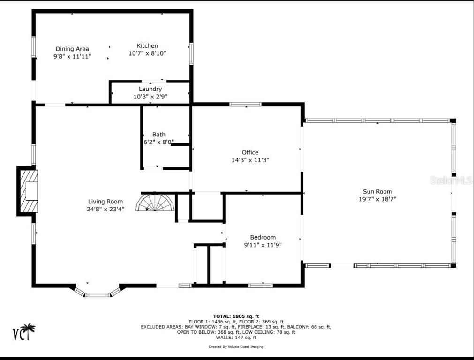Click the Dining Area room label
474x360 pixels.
point(72,49)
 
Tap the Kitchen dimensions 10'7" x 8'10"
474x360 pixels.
point(147,53)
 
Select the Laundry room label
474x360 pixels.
point(150,89)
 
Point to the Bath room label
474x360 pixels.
point(159,135)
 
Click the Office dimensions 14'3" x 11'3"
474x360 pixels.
point(250,160)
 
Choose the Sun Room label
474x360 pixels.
point(377,191)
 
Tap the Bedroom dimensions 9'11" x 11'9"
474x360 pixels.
point(263,245)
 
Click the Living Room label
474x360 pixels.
point(105,201)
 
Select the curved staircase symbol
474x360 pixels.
point(155,202)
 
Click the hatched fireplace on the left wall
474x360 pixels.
point(29,191)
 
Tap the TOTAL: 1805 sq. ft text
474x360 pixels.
point(236,316)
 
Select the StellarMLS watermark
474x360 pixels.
point(451,180)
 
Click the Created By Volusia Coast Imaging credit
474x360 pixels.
point(236,347)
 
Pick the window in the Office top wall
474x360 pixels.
point(245,104)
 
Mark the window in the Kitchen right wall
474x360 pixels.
point(191,53)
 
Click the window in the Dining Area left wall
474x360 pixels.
point(34,46)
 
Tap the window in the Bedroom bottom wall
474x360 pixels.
point(261,285)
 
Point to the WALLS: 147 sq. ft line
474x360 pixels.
point(236,337)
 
